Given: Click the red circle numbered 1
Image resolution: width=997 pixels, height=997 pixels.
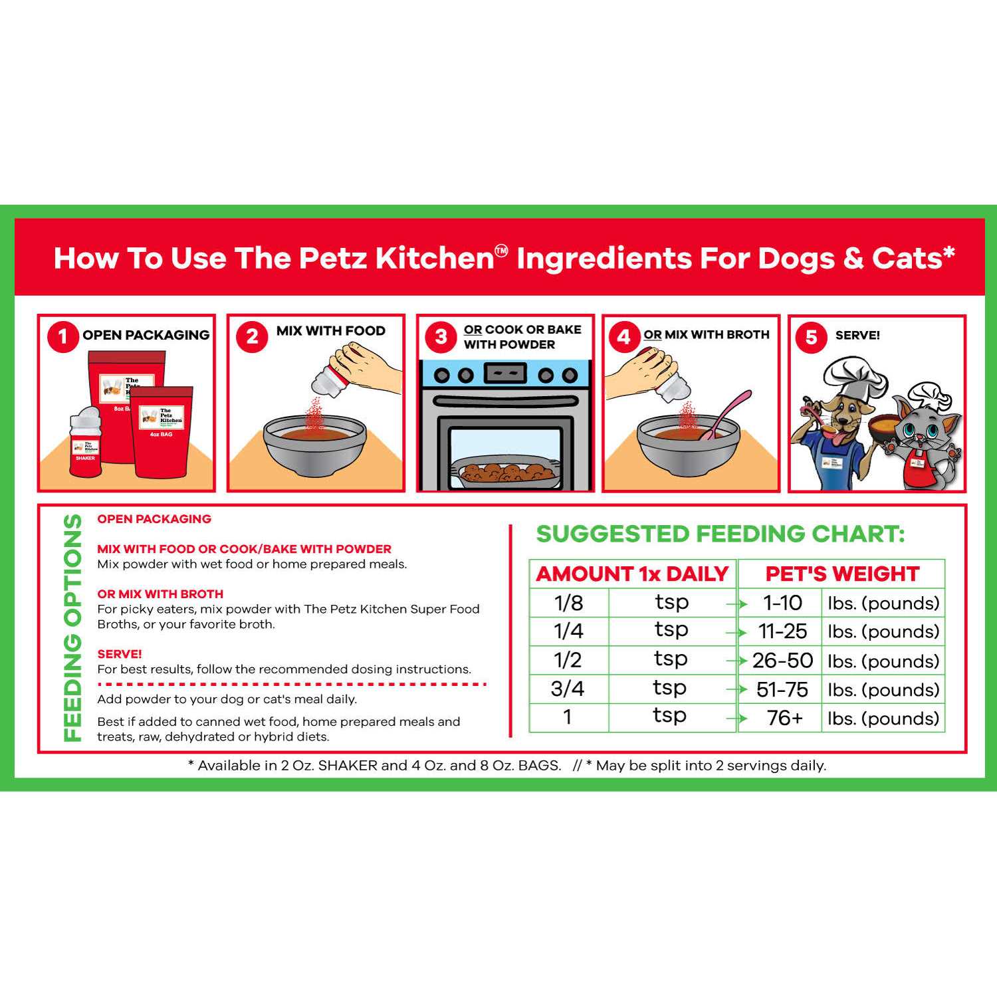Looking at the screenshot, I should coord(63,336).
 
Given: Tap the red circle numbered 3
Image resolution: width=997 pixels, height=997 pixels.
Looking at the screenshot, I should coord(441,337).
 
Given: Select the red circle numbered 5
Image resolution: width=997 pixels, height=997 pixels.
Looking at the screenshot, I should coord(811,337).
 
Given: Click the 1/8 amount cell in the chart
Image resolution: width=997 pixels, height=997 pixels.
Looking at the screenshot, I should coord(569,603).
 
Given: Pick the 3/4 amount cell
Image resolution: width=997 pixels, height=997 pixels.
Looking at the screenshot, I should coord(568,689).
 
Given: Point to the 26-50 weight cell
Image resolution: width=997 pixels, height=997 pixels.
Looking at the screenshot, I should coord(782,661).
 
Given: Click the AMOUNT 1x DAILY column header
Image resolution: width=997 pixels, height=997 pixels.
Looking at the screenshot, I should coord(632,574).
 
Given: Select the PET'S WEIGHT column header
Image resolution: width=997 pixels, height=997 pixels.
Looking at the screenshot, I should coord(842,574).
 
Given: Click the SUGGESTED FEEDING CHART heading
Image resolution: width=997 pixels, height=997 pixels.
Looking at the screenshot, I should coord(720,534).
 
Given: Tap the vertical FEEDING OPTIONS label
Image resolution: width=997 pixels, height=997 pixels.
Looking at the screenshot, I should coord(72,627).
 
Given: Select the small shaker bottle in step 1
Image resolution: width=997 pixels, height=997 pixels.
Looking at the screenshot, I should coord(85,442).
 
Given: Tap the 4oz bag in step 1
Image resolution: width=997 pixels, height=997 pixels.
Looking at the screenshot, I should coord(161,432).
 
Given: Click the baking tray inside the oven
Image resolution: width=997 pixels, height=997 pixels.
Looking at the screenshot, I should coord(505,474).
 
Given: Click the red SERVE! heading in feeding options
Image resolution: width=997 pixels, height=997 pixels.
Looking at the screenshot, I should coord(120,654).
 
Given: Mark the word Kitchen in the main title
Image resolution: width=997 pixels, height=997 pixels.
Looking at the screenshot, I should coord(435,258).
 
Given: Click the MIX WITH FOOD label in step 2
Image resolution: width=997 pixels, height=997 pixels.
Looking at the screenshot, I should coord(330,330).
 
